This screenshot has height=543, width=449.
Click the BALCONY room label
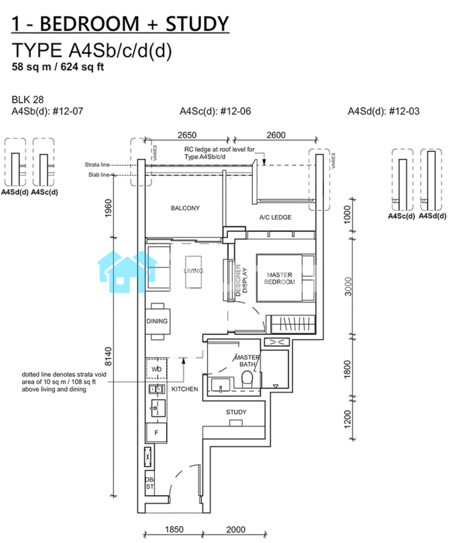point(185,208)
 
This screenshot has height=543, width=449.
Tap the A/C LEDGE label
point(276,218)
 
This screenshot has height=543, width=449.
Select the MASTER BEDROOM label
point(280,278)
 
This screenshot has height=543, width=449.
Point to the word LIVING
point(194,271)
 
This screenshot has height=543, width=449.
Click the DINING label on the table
point(157,321)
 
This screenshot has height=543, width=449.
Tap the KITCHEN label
point(185,389)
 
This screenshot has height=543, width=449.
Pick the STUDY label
point(236,412)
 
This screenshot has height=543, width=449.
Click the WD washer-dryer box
point(157,369)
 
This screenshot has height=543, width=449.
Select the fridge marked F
point(156,432)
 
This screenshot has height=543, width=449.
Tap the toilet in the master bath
point(248,379)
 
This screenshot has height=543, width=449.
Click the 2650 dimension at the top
point(187,135)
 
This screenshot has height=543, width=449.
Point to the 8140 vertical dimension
point(108,357)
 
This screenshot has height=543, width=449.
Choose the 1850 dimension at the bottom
point(174,530)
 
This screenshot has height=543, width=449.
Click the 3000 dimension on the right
point(348,287)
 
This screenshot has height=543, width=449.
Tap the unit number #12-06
point(236,111)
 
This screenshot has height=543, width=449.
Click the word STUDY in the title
point(197,24)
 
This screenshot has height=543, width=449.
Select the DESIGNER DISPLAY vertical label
point(241,280)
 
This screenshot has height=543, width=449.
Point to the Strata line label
point(97,165)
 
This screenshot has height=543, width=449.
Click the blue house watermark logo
point(127,271)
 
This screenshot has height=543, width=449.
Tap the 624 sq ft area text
point(82,67)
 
